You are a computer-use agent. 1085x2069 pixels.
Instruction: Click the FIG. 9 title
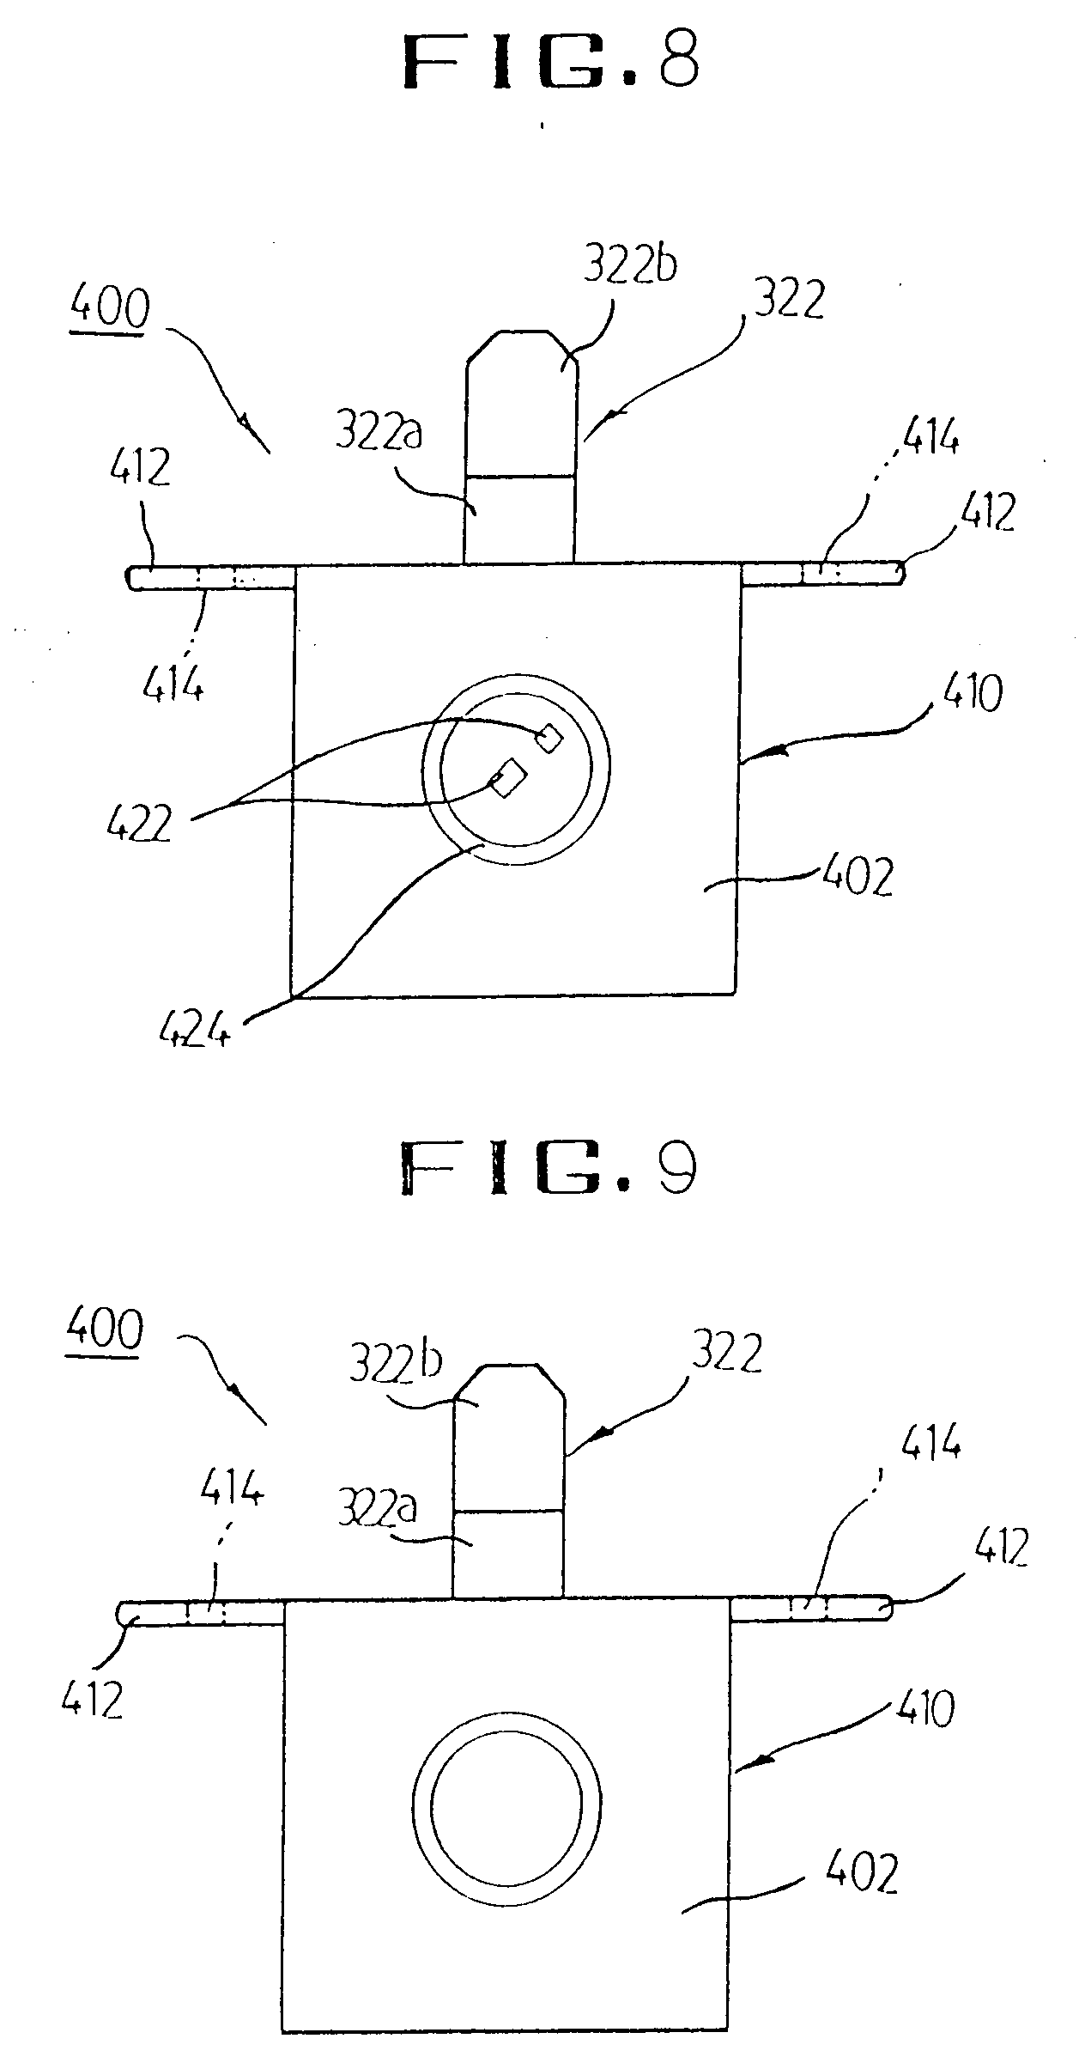548,1169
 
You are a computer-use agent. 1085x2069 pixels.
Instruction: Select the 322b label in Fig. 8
630,267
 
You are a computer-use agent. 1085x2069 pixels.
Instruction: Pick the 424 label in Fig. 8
196,1028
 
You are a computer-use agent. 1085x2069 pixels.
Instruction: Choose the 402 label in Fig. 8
858,876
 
